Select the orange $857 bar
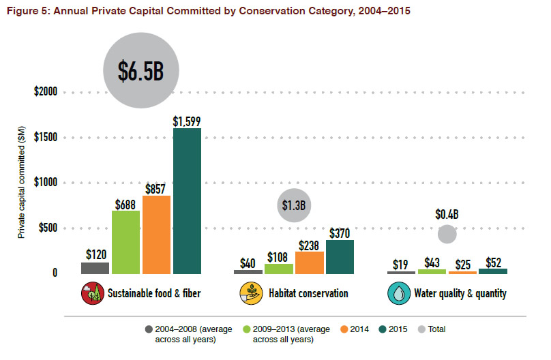[156, 235]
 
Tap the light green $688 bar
[125, 242]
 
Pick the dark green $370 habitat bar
[340, 257]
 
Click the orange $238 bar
[309, 262]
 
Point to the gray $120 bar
[95, 268]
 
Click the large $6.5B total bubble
[141, 71]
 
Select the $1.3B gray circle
[294, 205]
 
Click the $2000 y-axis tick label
[46, 92]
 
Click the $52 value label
[493, 263]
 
